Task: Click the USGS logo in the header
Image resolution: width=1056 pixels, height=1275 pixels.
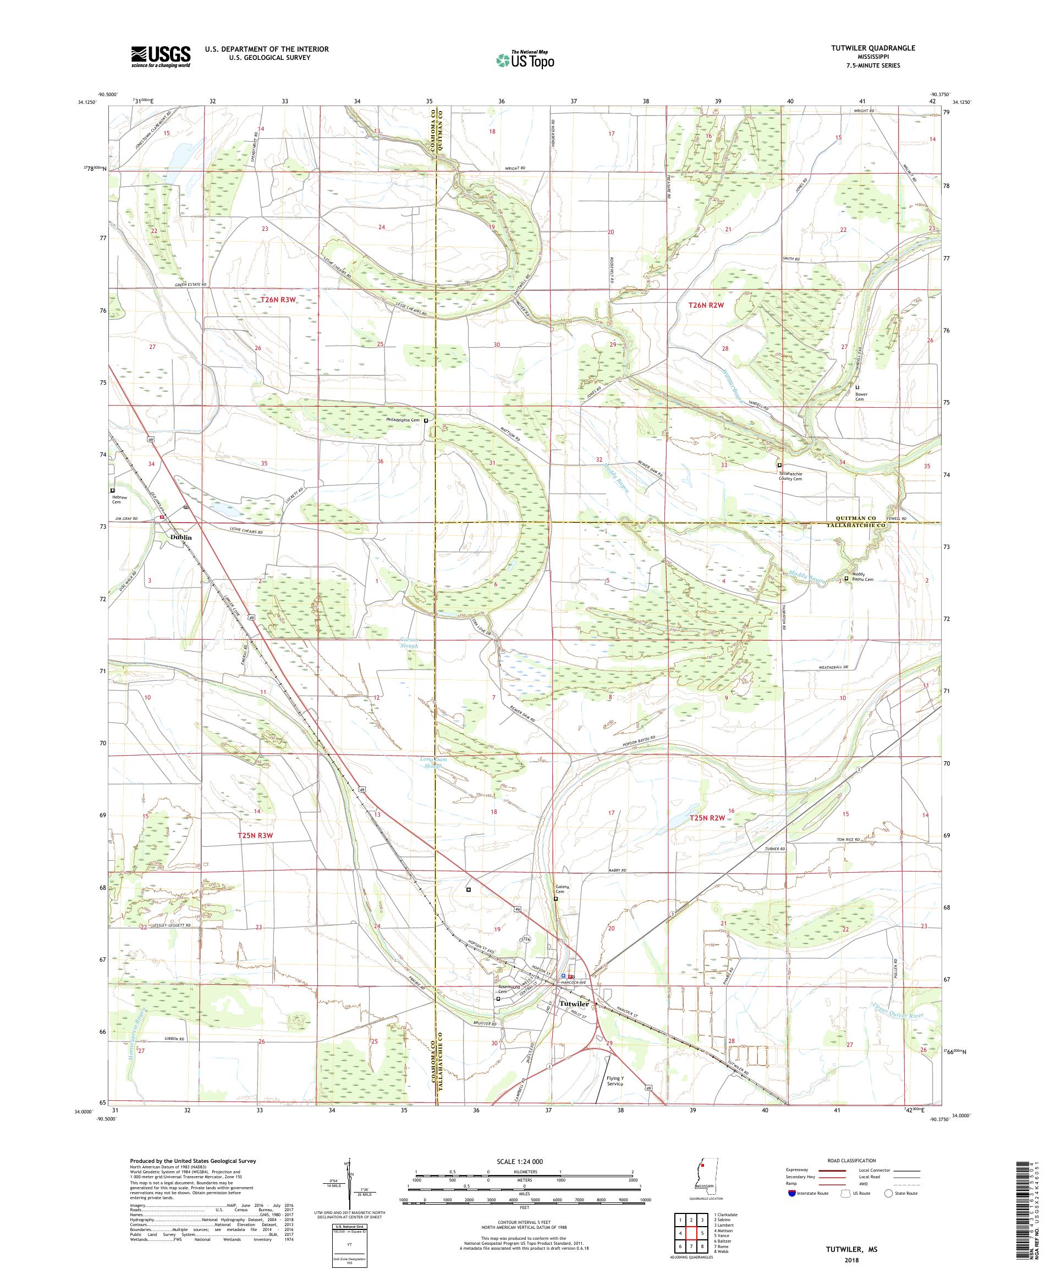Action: coord(161,57)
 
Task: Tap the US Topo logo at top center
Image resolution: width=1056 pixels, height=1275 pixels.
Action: coord(525,59)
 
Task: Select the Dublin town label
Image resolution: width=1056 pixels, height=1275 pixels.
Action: coord(180,537)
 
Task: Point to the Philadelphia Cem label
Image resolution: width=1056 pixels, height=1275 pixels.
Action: coord(404,420)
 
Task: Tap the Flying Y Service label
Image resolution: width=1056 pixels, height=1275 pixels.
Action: coord(615,1080)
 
